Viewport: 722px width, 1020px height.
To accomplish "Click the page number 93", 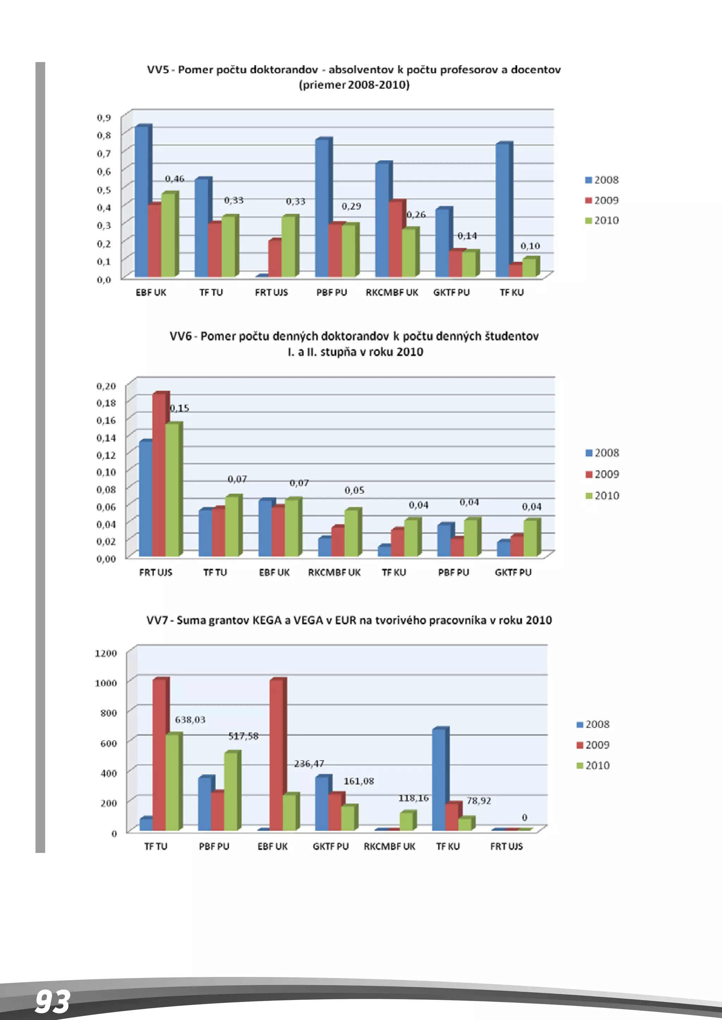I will pos(53,1002).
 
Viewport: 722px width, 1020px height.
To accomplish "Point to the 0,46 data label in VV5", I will pos(174,179).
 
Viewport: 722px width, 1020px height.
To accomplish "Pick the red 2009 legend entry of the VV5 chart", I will pos(602,200).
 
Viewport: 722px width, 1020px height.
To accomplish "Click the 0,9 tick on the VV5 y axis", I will pos(104,117).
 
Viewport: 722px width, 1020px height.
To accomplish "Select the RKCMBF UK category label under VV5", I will pos(392,292).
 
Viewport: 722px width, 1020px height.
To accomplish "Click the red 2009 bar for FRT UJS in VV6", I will pos(159,474).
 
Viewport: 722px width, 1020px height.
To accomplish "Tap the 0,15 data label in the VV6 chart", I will pos(179,408).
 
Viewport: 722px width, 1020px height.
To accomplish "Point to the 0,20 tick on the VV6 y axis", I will pos(106,386).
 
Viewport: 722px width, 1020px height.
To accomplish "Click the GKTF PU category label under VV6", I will pos(513,572).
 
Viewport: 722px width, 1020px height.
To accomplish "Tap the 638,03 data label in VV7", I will pos(190,720).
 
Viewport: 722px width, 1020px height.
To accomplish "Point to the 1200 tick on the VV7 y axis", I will pos(106,653).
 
